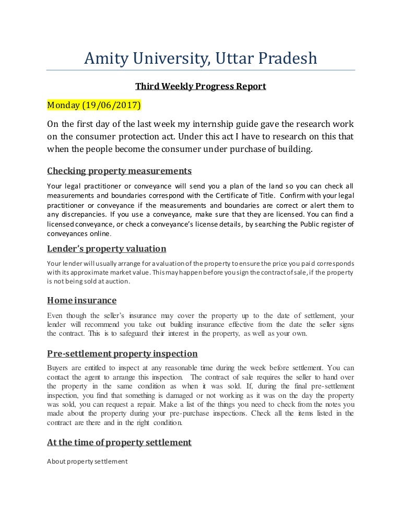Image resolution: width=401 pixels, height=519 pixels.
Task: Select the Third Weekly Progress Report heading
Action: point(200,87)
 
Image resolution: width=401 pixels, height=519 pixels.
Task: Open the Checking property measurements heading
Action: point(119,171)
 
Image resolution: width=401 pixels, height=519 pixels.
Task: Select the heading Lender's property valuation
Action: point(107,249)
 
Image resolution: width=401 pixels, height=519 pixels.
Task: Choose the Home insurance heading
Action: point(81,301)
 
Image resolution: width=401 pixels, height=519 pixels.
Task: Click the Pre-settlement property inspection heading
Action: point(122,353)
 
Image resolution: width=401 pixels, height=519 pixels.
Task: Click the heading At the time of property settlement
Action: point(119,442)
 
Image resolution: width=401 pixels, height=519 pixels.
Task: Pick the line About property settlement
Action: point(87,461)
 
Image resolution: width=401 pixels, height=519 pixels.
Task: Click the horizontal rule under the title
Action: point(200,70)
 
